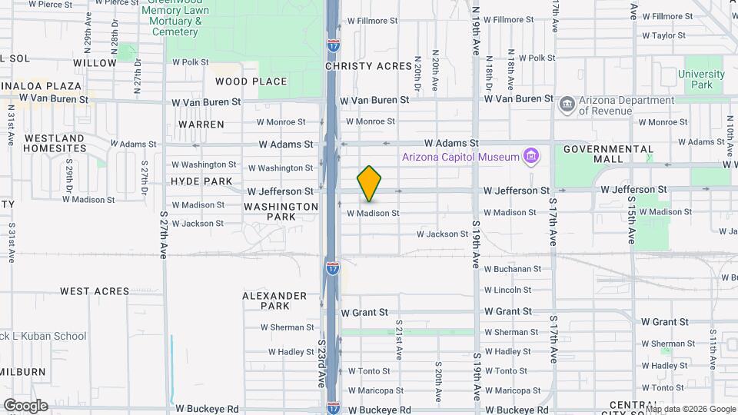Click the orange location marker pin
coord(369,184)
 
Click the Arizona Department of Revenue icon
coord(567,104)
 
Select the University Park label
coord(700,80)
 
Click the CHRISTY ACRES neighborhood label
coord(368,66)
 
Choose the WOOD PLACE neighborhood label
coord(251,81)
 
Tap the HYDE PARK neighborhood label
coord(201,181)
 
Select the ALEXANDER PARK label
coord(274,300)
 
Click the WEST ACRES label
coord(95,291)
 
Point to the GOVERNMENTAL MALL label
coord(609,154)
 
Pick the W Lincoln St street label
coord(507,290)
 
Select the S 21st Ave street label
coord(399,340)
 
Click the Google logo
coord(25,406)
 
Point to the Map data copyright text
coord(690,410)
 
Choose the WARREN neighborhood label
coord(201,124)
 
